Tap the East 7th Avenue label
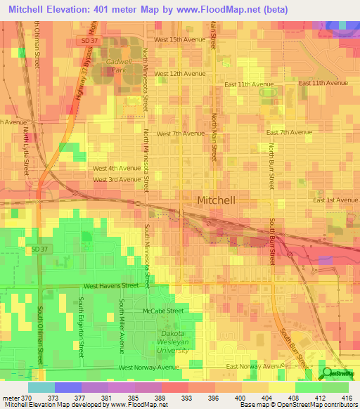pyautogui.click(x=289, y=132)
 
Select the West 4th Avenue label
pyautogui.click(x=117, y=168)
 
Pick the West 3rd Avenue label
pyautogui.click(x=117, y=179)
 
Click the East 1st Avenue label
pyautogui.click(x=335, y=200)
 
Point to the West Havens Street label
pyautogui.click(x=111, y=286)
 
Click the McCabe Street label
pyautogui.click(x=162, y=310)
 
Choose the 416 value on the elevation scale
pyautogui.click(x=345, y=398)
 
